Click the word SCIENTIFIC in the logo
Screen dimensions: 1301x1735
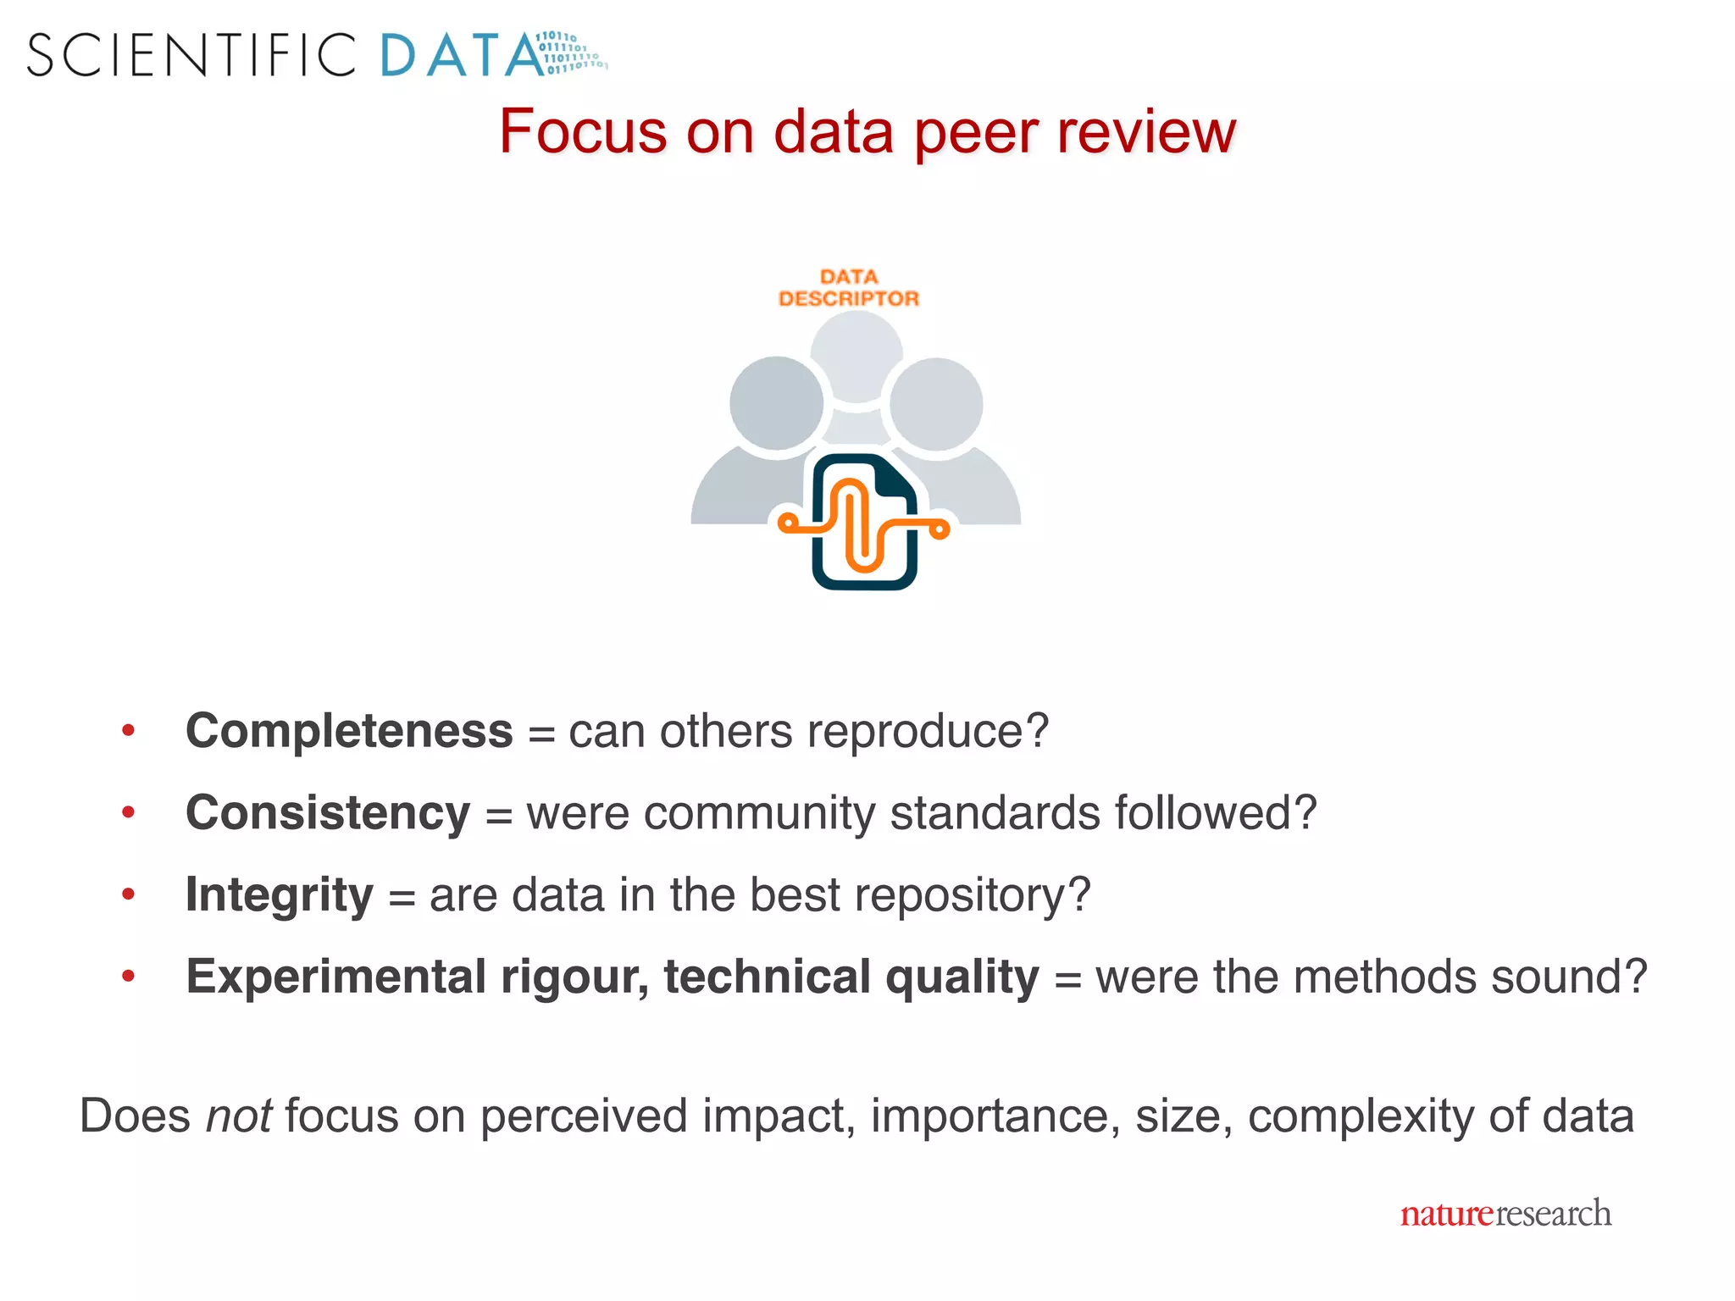pyautogui.click(x=191, y=56)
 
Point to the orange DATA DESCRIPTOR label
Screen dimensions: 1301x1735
pyautogui.click(x=849, y=288)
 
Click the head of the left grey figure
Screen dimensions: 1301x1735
pyautogui.click(x=776, y=403)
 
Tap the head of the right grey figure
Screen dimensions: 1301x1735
pyautogui.click(x=936, y=404)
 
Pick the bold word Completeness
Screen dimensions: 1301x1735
pyautogui.click(x=349, y=730)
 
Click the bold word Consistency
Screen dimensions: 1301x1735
pyautogui.click(x=328, y=812)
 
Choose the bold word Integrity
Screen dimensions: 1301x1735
pyautogui.click(x=279, y=894)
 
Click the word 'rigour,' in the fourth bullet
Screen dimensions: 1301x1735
pyautogui.click(x=574, y=977)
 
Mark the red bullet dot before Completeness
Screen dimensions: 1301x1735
pyautogui.click(x=129, y=730)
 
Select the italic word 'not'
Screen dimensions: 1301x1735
pyautogui.click(x=239, y=1116)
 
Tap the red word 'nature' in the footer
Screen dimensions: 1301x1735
pyautogui.click(x=1446, y=1214)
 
